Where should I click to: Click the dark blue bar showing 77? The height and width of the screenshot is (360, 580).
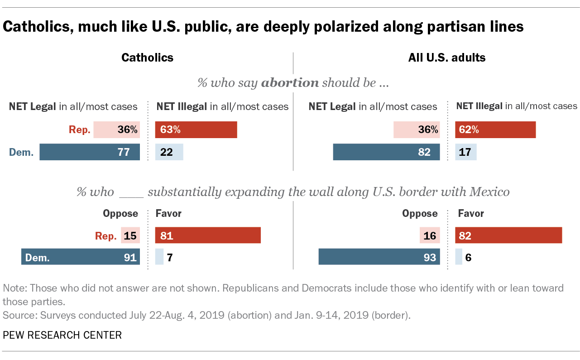tap(90, 152)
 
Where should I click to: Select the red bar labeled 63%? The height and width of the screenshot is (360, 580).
tap(196, 130)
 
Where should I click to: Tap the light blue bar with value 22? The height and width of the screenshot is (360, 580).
tap(169, 152)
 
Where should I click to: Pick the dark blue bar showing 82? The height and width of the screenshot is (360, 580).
tap(386, 152)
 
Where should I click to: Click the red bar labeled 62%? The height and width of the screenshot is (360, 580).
tap(495, 130)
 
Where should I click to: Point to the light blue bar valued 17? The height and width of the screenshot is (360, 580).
tap(466, 152)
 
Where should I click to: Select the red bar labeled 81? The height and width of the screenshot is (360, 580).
tap(208, 235)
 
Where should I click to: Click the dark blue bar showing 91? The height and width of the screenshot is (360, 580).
tap(81, 257)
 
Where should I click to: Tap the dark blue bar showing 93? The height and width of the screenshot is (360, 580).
tap(379, 257)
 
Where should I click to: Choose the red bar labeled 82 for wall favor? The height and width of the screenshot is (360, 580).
tap(508, 235)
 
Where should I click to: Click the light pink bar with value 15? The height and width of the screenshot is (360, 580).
tap(130, 235)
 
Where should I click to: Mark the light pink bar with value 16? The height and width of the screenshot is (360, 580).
tap(430, 235)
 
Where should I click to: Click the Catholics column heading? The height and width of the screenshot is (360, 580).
tap(148, 58)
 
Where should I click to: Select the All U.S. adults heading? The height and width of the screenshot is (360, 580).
tap(447, 58)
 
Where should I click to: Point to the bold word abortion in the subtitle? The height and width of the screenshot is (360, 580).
tap(290, 83)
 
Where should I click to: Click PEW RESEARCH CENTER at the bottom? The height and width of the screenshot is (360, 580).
tap(62, 335)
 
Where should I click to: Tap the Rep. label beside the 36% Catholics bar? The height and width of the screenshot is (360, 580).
tap(80, 130)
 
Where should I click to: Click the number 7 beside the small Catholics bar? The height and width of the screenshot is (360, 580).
tap(170, 258)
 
